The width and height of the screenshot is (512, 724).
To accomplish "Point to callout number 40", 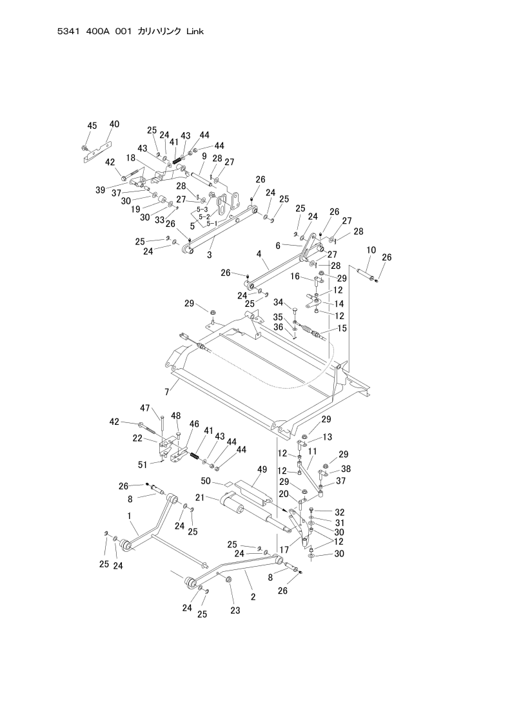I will tap(114, 123).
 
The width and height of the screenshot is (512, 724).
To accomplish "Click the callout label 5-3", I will tap(202, 210).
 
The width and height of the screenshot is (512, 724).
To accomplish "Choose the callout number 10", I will tap(371, 249).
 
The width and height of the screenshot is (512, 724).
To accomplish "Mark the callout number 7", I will tap(166, 391).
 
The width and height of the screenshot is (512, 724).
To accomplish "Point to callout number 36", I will tap(295, 327).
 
